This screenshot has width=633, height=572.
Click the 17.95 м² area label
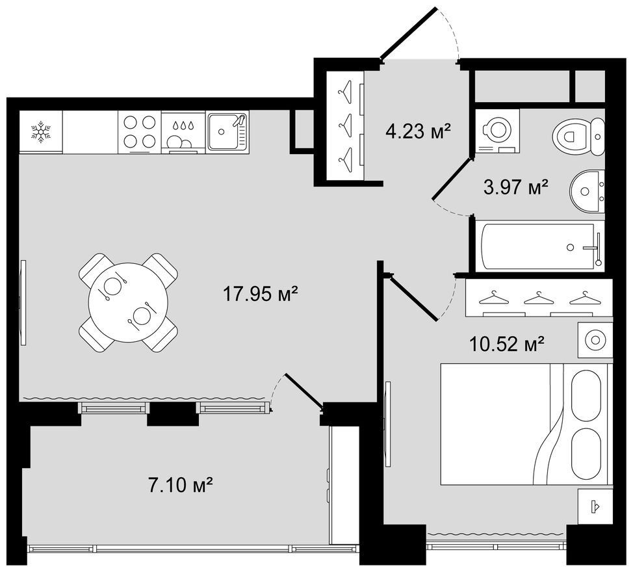(x=261, y=294)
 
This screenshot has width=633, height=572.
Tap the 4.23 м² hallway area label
(x=418, y=131)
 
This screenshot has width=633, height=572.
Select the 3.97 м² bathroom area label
(x=516, y=187)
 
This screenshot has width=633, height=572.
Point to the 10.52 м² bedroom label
(x=507, y=344)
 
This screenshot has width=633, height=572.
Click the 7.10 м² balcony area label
(x=181, y=484)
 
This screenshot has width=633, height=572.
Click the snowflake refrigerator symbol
(x=41, y=131)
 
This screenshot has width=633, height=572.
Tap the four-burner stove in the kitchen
(x=140, y=132)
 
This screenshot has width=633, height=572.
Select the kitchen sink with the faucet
(x=227, y=132)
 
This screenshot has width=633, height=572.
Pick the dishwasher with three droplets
(x=183, y=132)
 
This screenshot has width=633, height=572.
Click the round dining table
(x=128, y=302)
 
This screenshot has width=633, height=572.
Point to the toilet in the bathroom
(x=578, y=136)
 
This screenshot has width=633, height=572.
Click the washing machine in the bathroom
(x=497, y=131)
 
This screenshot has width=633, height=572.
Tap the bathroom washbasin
(x=588, y=191)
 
